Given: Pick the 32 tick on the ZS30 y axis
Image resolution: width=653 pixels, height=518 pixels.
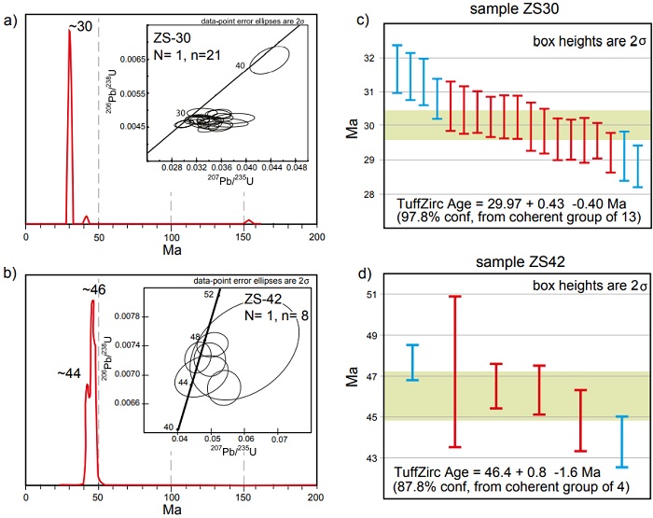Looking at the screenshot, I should pyautogui.click(x=366, y=57).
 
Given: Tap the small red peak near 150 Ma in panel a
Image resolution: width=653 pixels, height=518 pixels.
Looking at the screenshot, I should pyautogui.click(x=247, y=221).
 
